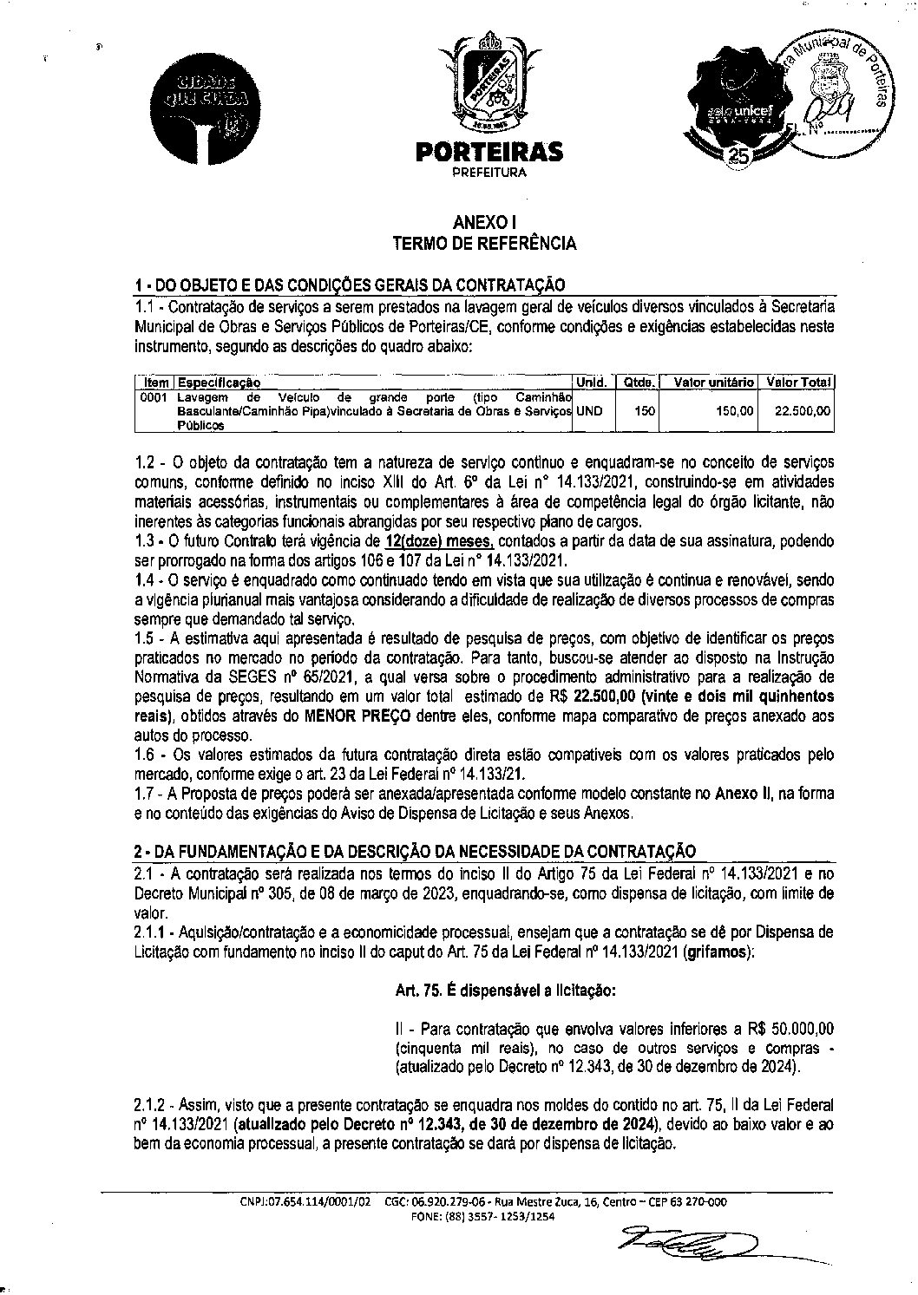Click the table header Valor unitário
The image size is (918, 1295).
click(707, 382)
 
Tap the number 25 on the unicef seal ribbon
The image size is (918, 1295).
click(739, 155)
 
